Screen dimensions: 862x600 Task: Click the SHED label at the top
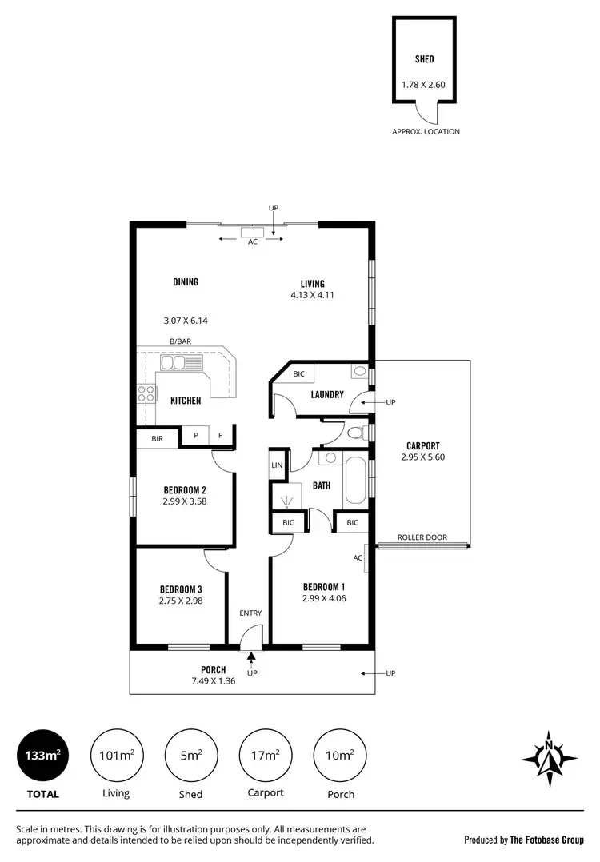point(424,58)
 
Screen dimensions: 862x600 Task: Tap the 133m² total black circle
point(42,755)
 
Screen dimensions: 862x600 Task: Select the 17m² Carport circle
point(265,755)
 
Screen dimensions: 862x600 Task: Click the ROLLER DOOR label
point(422,537)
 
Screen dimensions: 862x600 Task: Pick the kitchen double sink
point(183,364)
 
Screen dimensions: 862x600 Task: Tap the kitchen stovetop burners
point(147,393)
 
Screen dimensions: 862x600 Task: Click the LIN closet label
point(278,465)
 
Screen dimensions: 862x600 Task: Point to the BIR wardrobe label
point(157,437)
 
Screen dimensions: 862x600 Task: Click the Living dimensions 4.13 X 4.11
point(312,295)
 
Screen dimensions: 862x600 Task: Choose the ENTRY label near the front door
point(250,613)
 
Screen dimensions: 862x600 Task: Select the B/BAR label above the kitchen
point(181,341)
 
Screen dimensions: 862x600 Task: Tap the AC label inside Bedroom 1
point(358,558)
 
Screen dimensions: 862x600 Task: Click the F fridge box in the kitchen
point(221,437)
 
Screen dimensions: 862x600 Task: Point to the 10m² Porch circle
point(342,755)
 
